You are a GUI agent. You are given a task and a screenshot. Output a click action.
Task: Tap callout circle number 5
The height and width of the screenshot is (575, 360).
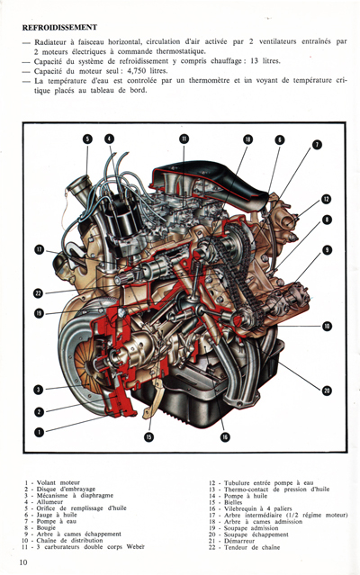[88, 139]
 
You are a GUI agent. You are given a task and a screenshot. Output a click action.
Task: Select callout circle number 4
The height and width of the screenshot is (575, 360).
[109, 139]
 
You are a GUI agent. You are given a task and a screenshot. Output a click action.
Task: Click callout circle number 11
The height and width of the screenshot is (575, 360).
[184, 139]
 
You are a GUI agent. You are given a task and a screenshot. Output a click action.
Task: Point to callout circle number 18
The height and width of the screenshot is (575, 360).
[247, 139]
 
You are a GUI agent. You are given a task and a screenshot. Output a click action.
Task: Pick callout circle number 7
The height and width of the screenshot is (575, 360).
[280, 139]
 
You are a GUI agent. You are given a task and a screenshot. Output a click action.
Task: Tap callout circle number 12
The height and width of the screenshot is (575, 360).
[317, 145]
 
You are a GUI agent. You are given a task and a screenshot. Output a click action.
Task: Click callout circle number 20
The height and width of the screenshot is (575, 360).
[327, 390]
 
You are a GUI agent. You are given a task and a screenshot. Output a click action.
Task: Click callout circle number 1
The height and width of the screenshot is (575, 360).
[39, 432]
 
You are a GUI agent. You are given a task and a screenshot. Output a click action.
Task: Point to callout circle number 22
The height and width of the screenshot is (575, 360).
[39, 292]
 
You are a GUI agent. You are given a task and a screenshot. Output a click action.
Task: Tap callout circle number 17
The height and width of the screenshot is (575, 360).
[39, 249]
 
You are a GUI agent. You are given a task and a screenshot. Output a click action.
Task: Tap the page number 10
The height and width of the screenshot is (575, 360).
[21, 562]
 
